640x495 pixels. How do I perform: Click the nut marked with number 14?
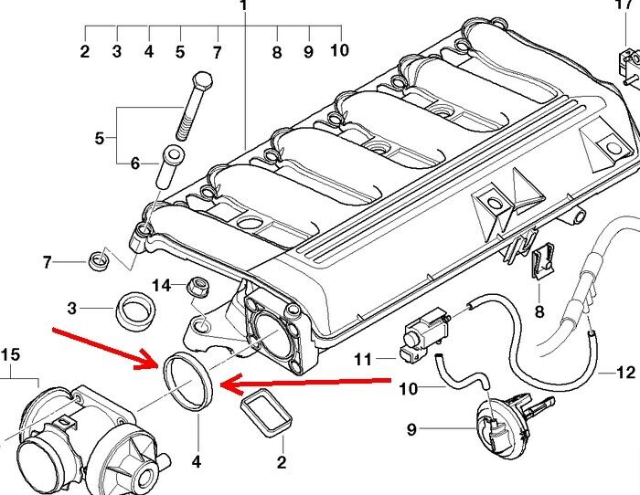click(x=195, y=289)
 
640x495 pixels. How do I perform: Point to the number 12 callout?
click(x=625, y=373)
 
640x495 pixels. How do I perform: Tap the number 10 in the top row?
click(x=339, y=48)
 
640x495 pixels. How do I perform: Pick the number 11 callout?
click(x=363, y=360)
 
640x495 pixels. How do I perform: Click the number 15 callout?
click(x=9, y=353)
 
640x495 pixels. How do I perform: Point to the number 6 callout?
click(x=134, y=164)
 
